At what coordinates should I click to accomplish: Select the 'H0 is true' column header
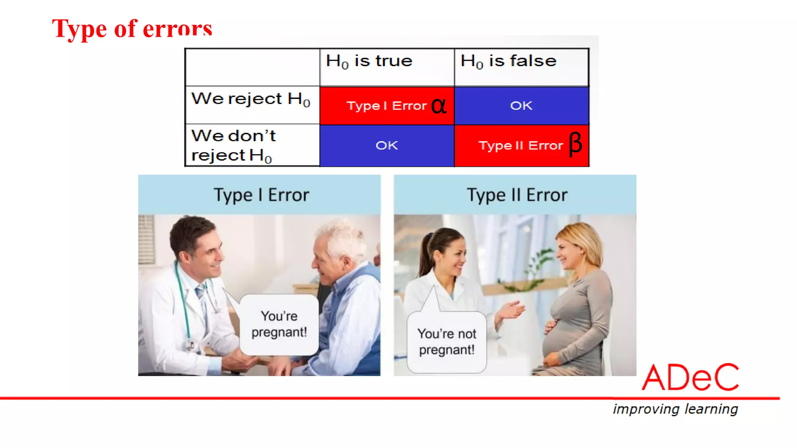point(369,61)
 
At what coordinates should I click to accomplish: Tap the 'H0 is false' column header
point(508,61)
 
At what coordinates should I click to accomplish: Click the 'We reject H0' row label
point(251,99)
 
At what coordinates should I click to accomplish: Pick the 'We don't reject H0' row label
point(233,145)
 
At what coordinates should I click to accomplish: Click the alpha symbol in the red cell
point(439,106)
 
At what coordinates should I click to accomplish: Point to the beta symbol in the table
point(575,144)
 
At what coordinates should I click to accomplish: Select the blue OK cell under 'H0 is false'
point(521,106)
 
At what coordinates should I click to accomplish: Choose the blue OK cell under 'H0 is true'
point(386,146)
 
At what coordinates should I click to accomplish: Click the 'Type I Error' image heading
point(261,195)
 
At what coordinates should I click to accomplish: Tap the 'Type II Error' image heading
point(517,195)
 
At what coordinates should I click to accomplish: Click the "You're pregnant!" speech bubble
point(279,324)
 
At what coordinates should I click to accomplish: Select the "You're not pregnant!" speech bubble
point(447,341)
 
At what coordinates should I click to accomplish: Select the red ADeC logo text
point(690,377)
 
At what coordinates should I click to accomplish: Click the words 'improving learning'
point(675,409)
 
